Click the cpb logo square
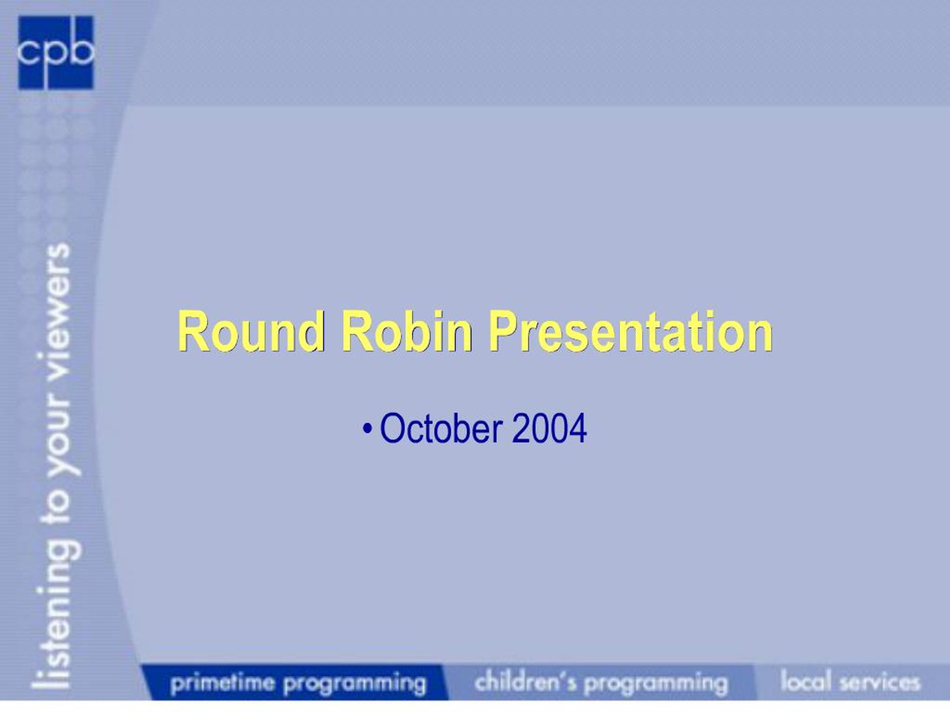55,53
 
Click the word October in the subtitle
441,429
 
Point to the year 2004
549,429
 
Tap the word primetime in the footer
222,682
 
